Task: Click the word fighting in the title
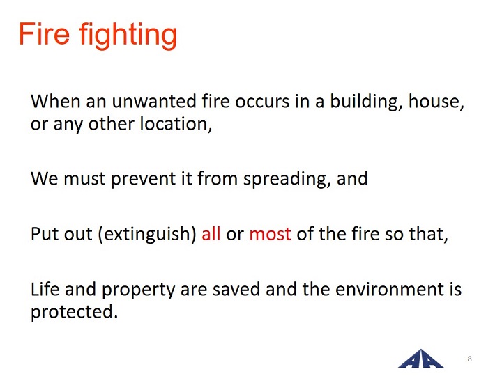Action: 128,36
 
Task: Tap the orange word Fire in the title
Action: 44,33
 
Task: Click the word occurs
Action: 262,102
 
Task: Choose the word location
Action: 176,124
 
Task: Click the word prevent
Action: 143,179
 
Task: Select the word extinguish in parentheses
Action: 147,234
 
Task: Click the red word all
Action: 211,234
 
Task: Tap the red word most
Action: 271,235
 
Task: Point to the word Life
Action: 45,289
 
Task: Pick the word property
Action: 138,290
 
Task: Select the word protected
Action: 75,312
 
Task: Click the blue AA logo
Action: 420,359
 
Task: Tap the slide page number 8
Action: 469,359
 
